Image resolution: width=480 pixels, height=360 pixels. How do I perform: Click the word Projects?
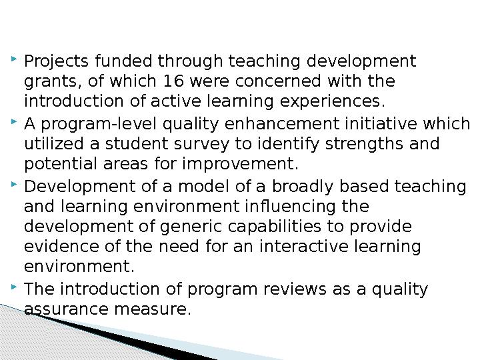[x=56, y=61]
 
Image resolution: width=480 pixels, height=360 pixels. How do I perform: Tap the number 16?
[x=173, y=81]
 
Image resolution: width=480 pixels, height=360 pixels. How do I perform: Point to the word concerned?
[x=278, y=81]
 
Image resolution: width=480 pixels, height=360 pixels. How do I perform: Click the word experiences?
[x=333, y=101]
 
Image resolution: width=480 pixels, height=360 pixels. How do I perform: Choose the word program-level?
[x=99, y=124]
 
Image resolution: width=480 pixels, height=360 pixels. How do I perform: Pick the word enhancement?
[x=282, y=124]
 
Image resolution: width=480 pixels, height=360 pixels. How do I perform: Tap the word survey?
[x=201, y=145]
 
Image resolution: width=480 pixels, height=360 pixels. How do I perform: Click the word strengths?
[x=364, y=144]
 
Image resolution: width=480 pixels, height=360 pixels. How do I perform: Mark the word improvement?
[x=240, y=165]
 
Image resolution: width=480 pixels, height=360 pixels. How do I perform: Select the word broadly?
[x=303, y=187]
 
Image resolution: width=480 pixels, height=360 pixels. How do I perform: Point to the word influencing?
[x=290, y=206]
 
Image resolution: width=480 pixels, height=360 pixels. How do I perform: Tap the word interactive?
[x=304, y=247]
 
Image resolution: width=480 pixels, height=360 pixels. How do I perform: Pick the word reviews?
[x=295, y=289]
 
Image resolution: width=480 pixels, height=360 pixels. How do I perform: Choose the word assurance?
[x=66, y=309]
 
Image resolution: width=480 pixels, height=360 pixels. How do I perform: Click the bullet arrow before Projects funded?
[x=14, y=59]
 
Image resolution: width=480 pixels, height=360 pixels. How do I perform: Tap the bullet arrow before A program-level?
[x=14, y=121]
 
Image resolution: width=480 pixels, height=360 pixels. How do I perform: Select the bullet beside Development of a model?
[x=14, y=184]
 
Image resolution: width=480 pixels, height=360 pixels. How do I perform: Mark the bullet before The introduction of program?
[x=14, y=287]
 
